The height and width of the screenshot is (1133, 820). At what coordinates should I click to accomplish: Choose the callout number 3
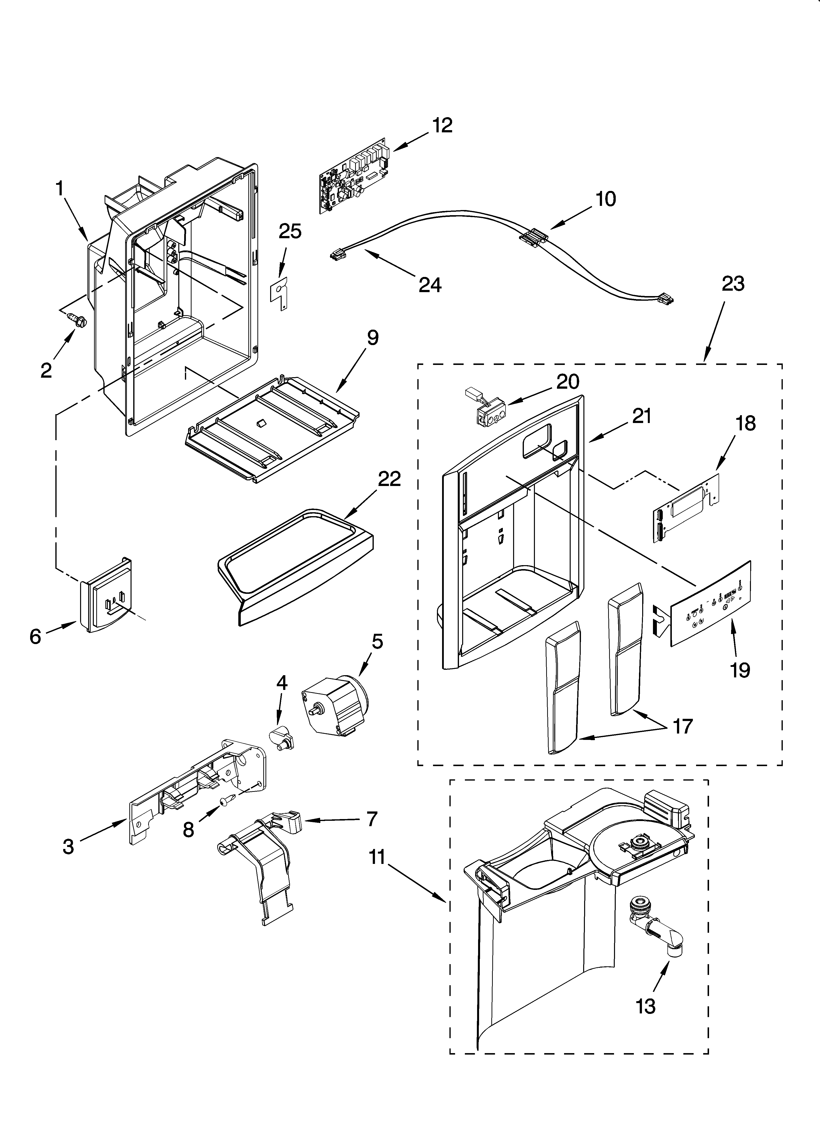tap(68, 846)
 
